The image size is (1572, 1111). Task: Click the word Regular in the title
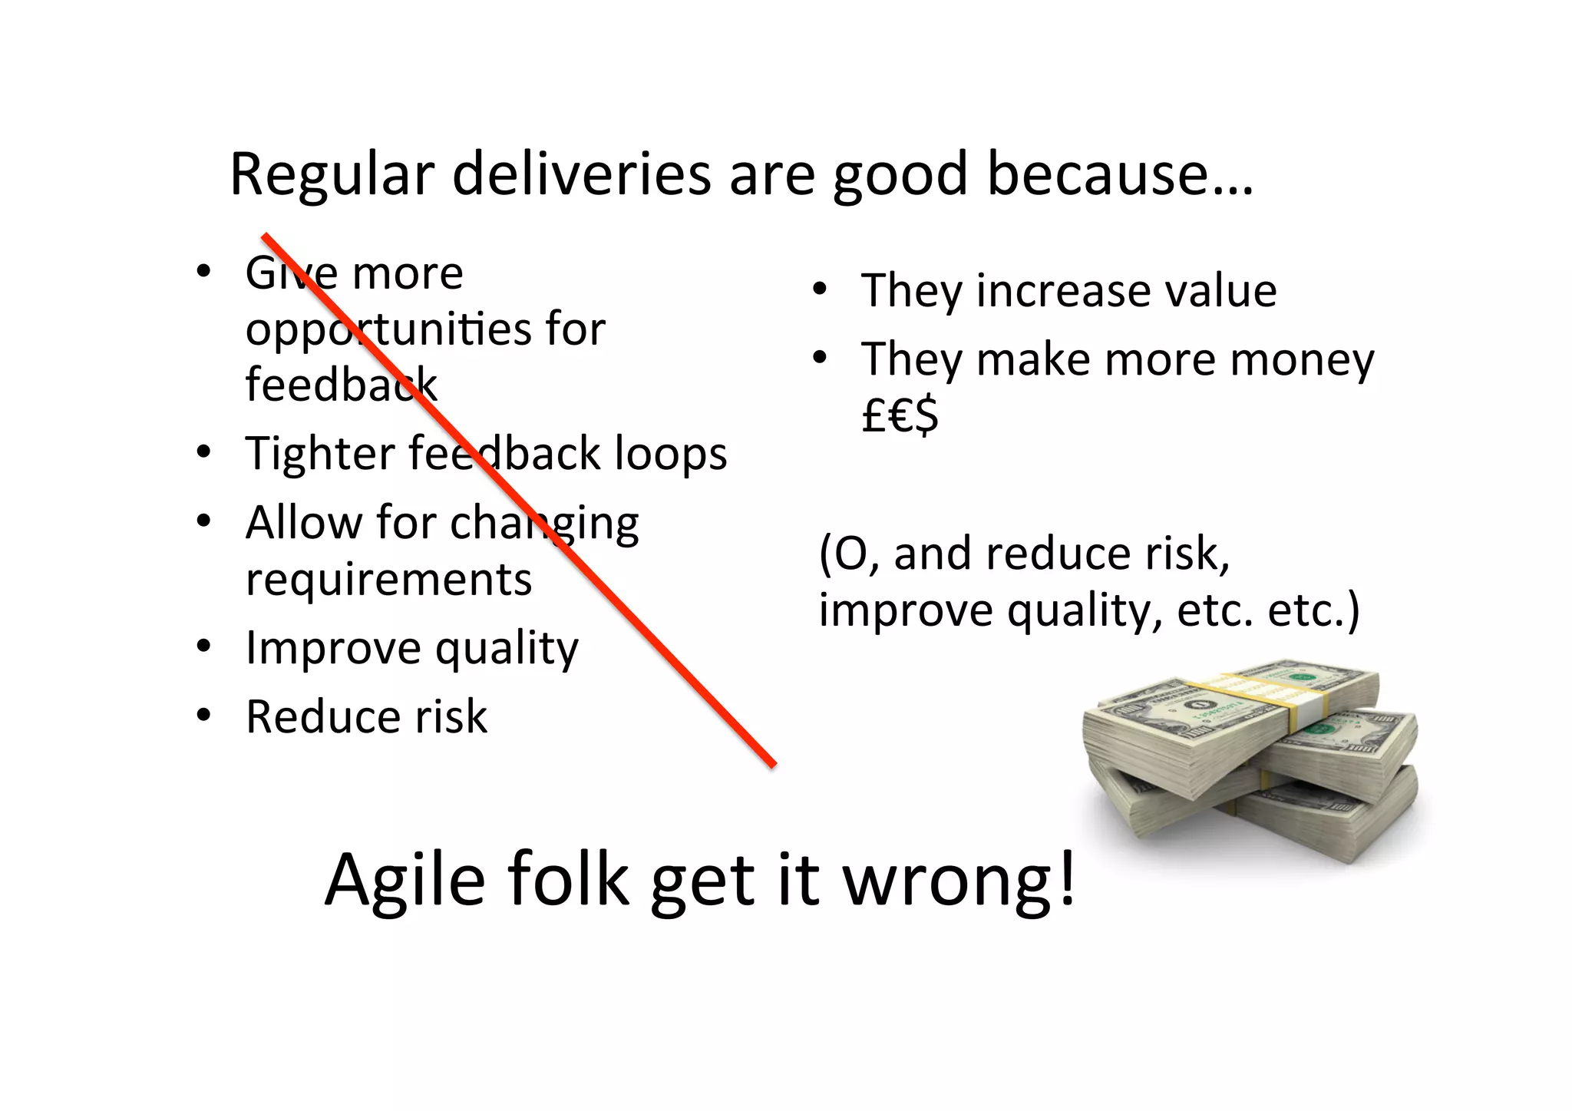(x=332, y=175)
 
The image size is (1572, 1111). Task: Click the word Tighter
(x=319, y=453)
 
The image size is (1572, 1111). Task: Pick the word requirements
(x=388, y=579)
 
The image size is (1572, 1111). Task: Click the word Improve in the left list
(x=332, y=649)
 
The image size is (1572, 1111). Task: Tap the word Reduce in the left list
(x=322, y=717)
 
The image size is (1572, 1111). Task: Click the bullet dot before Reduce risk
(x=203, y=716)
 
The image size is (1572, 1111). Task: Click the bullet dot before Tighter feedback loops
(x=203, y=452)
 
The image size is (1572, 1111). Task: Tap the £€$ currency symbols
(x=900, y=417)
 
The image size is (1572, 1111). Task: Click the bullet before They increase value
(x=820, y=289)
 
